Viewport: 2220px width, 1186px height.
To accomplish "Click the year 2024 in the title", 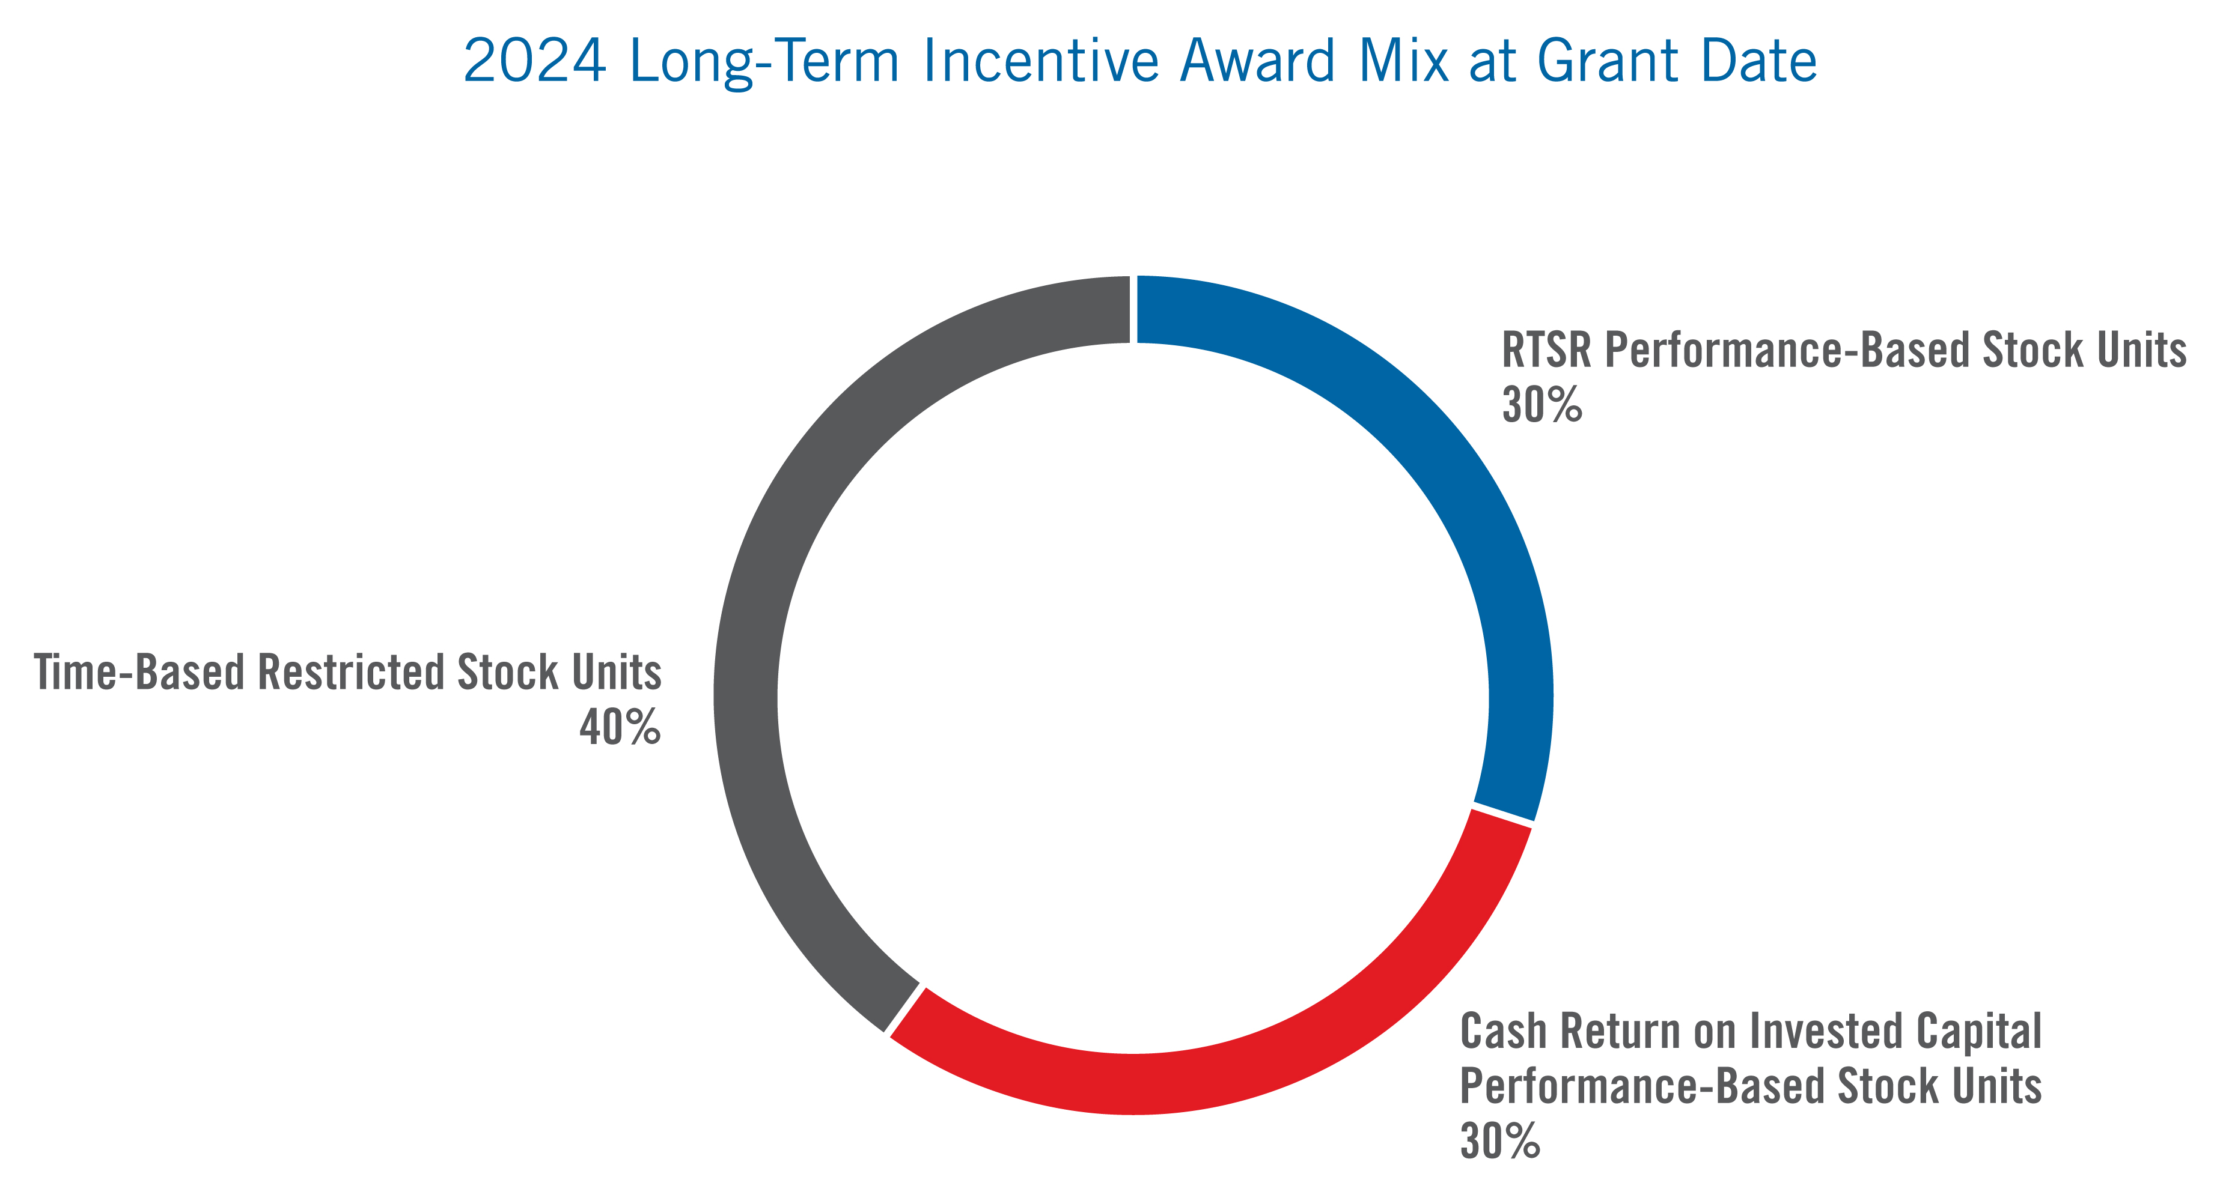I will pos(534,62).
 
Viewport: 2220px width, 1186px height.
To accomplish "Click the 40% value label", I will pos(620,728).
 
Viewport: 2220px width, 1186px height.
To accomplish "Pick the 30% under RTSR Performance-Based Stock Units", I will pos(1541,405).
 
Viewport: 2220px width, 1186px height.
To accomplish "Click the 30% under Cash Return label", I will pos(1499,1140).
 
